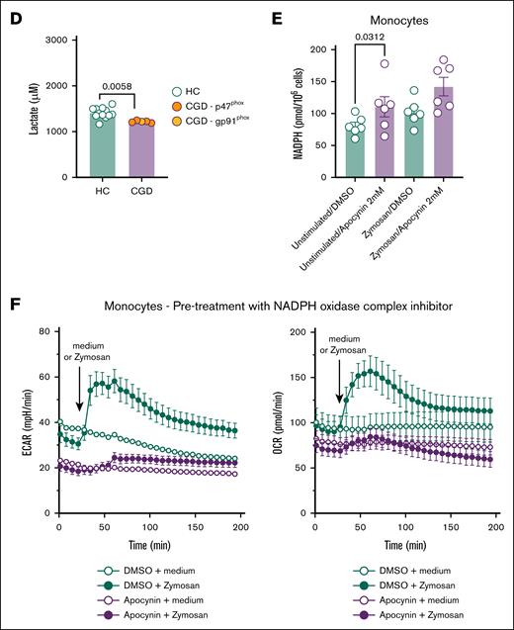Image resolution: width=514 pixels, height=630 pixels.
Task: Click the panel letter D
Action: point(14,17)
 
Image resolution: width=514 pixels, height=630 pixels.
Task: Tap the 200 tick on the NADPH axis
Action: point(311,49)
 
